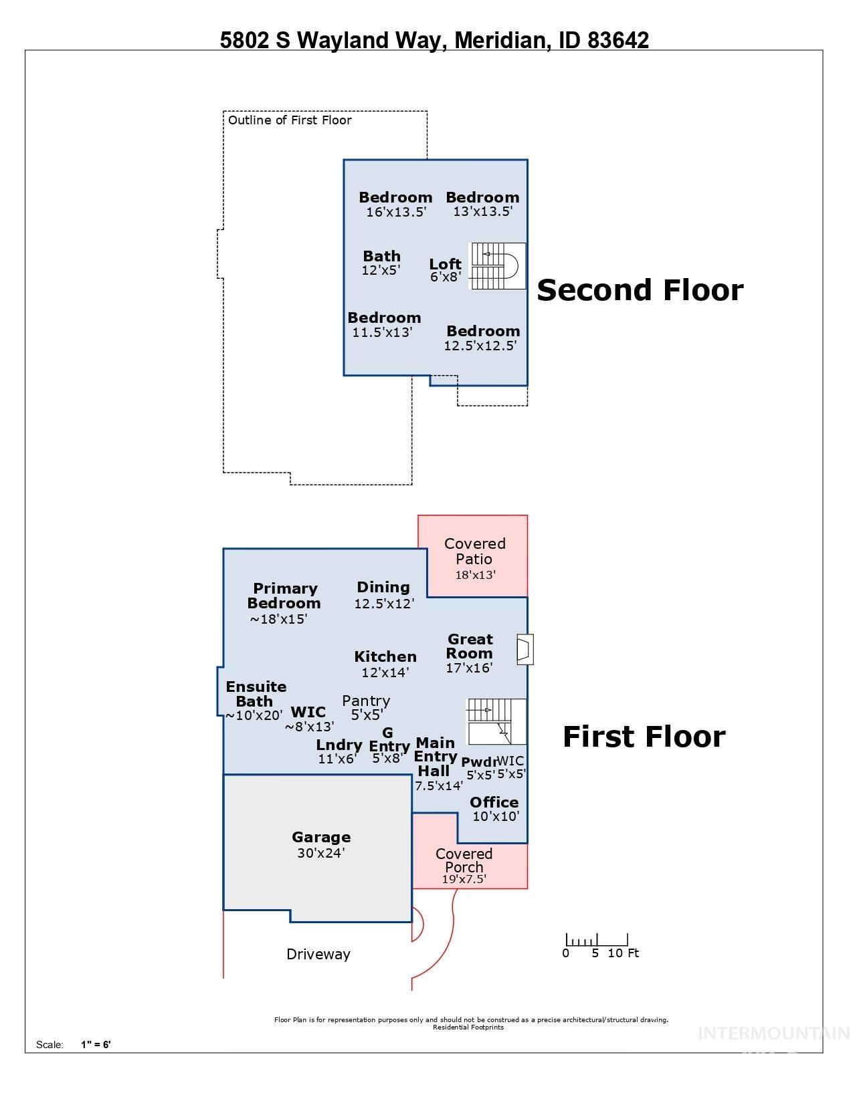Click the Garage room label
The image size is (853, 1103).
[321, 837]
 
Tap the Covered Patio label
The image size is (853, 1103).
[474, 551]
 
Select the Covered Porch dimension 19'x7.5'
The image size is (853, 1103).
[464, 879]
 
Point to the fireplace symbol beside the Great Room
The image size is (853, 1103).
[525, 649]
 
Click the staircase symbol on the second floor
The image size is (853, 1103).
[498, 266]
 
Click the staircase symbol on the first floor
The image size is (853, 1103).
[496, 722]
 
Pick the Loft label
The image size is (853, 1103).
[445, 264]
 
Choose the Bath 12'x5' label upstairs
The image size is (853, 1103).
[381, 256]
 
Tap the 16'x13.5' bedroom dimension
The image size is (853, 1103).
[396, 212]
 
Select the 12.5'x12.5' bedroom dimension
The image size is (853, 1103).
[480, 346]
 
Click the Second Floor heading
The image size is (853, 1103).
[640, 290]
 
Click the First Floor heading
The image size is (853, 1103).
[644, 737]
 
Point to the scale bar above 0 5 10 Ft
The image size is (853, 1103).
[597, 940]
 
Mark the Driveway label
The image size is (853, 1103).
[318, 955]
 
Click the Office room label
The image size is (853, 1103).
[494, 802]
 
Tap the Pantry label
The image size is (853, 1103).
[365, 701]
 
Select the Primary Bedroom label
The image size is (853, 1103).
[284, 596]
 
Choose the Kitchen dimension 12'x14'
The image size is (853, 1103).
[385, 672]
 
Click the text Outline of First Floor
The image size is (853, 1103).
[290, 120]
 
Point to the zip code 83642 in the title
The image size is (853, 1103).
[618, 41]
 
